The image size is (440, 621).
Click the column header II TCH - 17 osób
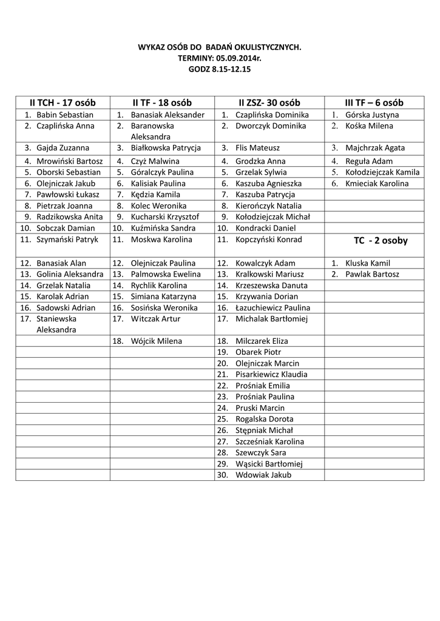coord(63,102)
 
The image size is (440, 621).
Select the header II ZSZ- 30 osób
coord(269,102)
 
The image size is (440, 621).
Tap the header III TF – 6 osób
coord(375,102)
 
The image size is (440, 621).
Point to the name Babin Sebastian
coord(65,115)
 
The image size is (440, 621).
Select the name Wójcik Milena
coord(157,341)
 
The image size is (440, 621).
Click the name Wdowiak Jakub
coord(263,475)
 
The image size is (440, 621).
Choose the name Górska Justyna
coord(372,115)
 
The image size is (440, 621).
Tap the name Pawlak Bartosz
coord(373,274)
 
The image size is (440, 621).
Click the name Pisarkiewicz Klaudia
coord(271,374)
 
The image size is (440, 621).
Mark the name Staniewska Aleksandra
coord(56,324)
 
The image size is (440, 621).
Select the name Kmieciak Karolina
coord(377,183)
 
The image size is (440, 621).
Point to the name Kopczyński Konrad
coord(268,240)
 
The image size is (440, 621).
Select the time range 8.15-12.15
coord(231,69)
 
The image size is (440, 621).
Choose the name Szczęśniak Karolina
coord(270,441)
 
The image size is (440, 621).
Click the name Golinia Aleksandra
coord(70,274)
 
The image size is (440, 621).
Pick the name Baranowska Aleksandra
coord(152,131)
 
